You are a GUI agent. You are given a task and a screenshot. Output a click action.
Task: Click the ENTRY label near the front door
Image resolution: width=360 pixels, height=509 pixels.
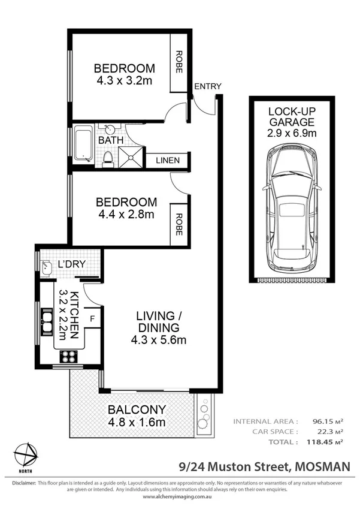click(207, 86)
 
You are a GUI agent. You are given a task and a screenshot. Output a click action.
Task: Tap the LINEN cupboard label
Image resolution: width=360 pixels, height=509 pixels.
click(172, 161)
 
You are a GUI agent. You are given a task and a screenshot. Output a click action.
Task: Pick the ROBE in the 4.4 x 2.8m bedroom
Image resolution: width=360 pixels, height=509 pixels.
click(179, 221)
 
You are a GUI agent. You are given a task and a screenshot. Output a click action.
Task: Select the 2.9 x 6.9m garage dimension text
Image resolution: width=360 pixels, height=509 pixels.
click(291, 133)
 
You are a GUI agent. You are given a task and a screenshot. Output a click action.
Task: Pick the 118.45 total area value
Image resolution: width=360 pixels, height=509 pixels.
click(317, 441)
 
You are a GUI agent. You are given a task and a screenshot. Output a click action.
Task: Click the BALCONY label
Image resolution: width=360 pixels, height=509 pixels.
click(136, 410)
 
